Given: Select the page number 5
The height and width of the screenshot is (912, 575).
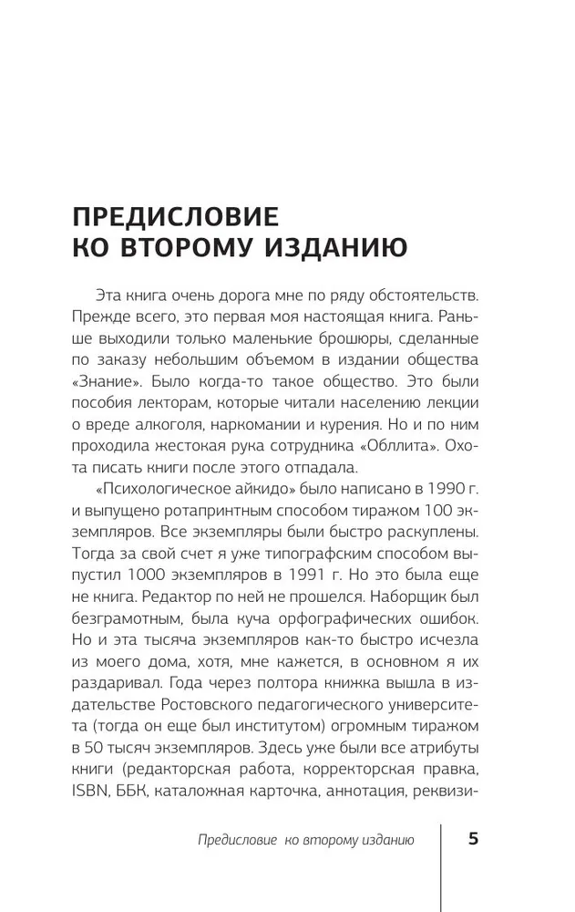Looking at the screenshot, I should pos(473,839).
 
